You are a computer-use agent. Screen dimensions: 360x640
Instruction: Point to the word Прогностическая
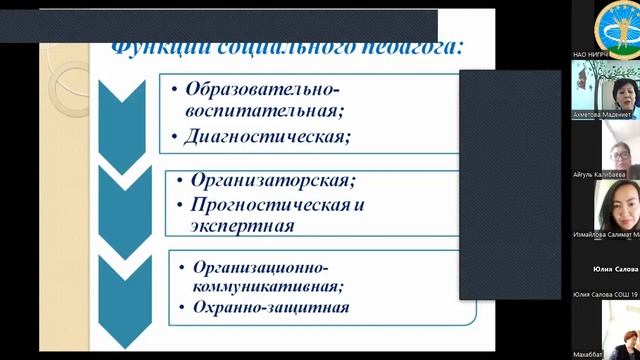click(265, 204)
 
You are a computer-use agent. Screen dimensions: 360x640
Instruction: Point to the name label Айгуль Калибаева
click(604, 175)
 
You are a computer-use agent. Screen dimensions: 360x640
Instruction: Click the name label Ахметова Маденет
click(604, 114)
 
